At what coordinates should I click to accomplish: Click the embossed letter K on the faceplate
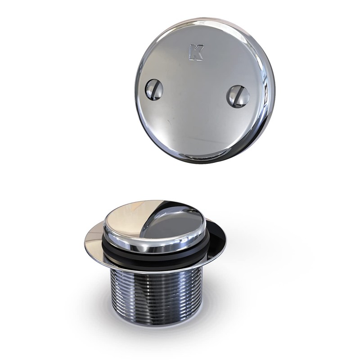(196, 52)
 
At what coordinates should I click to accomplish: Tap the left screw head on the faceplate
(153, 90)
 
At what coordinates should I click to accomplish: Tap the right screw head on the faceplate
(238, 96)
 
